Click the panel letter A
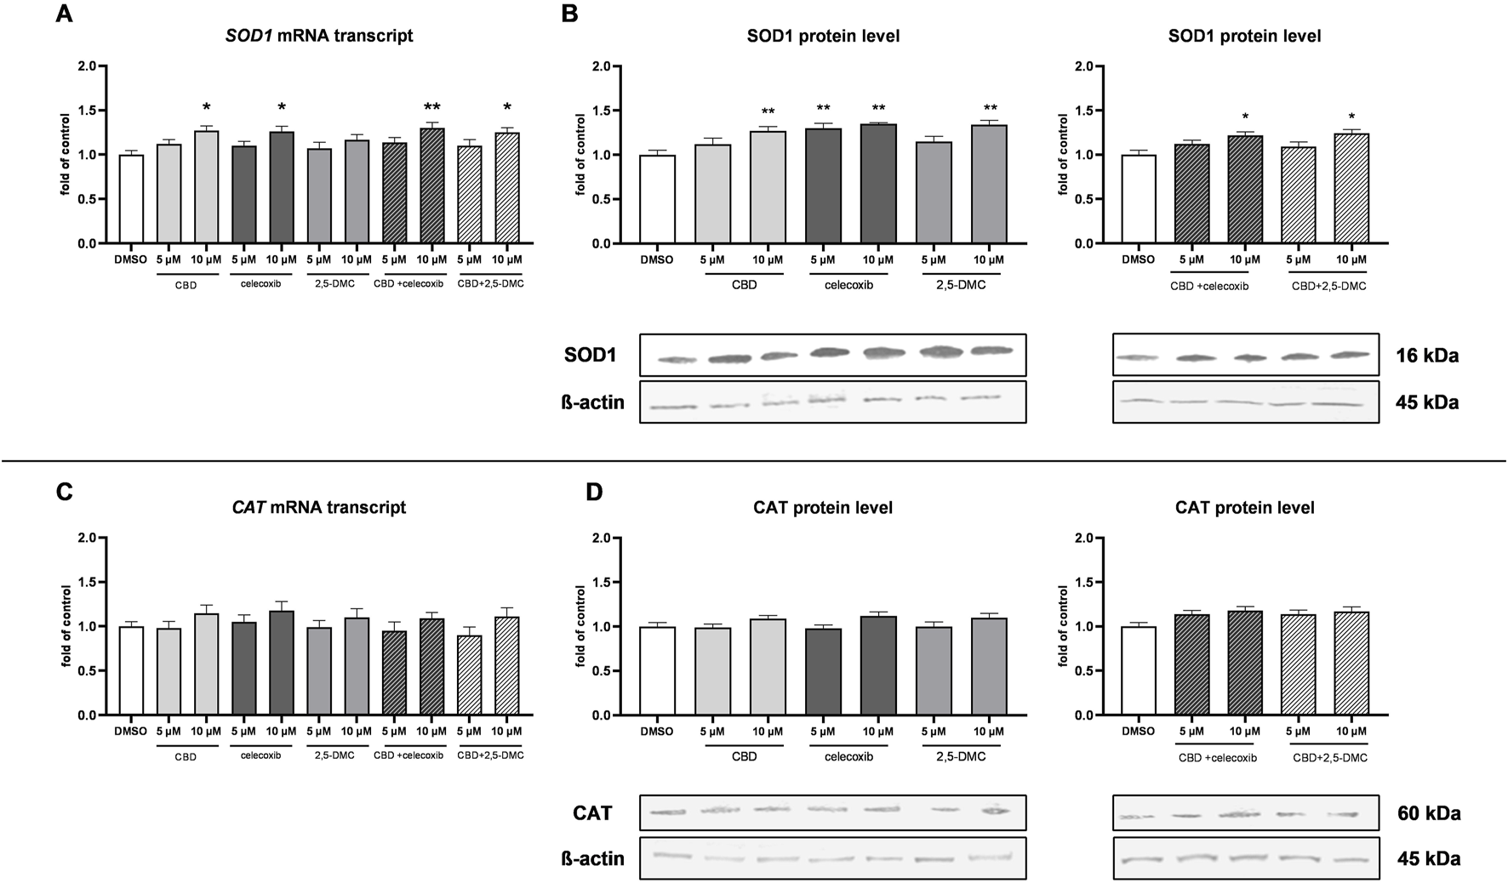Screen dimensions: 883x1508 pyautogui.click(x=63, y=14)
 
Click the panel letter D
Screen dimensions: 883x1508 pyautogui.click(x=594, y=492)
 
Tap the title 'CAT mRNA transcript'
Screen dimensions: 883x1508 pyautogui.click(x=319, y=508)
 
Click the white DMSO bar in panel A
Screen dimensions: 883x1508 pyautogui.click(x=131, y=199)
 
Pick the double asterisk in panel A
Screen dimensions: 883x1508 pyautogui.click(x=432, y=107)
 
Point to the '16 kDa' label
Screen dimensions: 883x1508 pyautogui.click(x=1427, y=356)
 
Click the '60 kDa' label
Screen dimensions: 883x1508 pyautogui.click(x=1429, y=813)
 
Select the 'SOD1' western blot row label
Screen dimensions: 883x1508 pyautogui.click(x=590, y=356)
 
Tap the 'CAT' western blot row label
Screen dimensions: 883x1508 pyautogui.click(x=592, y=813)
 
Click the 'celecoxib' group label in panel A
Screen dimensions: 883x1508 pyautogui.click(x=262, y=284)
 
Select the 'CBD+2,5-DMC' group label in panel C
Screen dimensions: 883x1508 pyautogui.click(x=490, y=755)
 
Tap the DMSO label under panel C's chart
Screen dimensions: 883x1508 pyautogui.click(x=130, y=732)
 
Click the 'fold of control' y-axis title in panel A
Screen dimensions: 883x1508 pyautogui.click(x=65, y=155)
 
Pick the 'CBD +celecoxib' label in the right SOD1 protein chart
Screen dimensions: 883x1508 pyautogui.click(x=1209, y=286)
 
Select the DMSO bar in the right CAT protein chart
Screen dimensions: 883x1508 pyautogui.click(x=1138, y=671)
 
